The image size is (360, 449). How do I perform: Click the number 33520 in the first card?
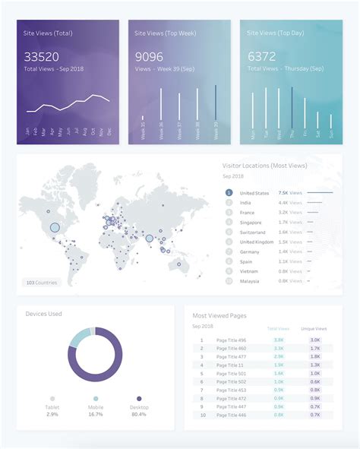41,57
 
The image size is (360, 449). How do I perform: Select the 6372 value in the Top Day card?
262,57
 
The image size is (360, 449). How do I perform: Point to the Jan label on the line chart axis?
27,132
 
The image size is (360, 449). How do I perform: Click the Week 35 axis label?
143,131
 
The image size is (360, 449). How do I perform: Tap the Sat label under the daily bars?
330,134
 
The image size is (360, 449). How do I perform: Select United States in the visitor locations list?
254,193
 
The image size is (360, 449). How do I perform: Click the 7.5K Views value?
289,193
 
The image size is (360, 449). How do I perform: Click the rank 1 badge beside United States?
229,193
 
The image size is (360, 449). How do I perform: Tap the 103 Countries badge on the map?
40,283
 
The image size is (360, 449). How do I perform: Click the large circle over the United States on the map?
55,226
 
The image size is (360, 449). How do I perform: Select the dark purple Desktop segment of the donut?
95,379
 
